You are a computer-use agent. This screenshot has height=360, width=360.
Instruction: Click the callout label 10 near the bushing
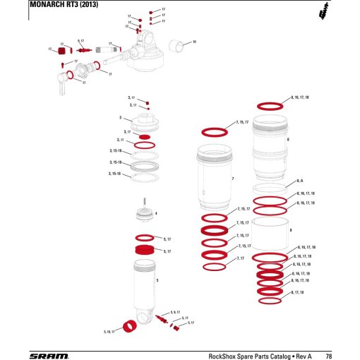[195, 42]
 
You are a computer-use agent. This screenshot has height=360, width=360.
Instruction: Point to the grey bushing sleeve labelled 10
[182, 46]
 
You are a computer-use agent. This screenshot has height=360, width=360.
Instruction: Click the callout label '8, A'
[301, 181]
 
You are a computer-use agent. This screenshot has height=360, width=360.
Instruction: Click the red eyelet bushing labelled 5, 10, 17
[130, 326]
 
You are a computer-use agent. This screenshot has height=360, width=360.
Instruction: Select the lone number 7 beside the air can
[233, 179]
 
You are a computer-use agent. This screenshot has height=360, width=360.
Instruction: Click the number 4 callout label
[156, 212]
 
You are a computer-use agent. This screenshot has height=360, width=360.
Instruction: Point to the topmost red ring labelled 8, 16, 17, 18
[270, 106]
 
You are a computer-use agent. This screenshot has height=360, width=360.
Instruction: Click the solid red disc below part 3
[145, 136]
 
